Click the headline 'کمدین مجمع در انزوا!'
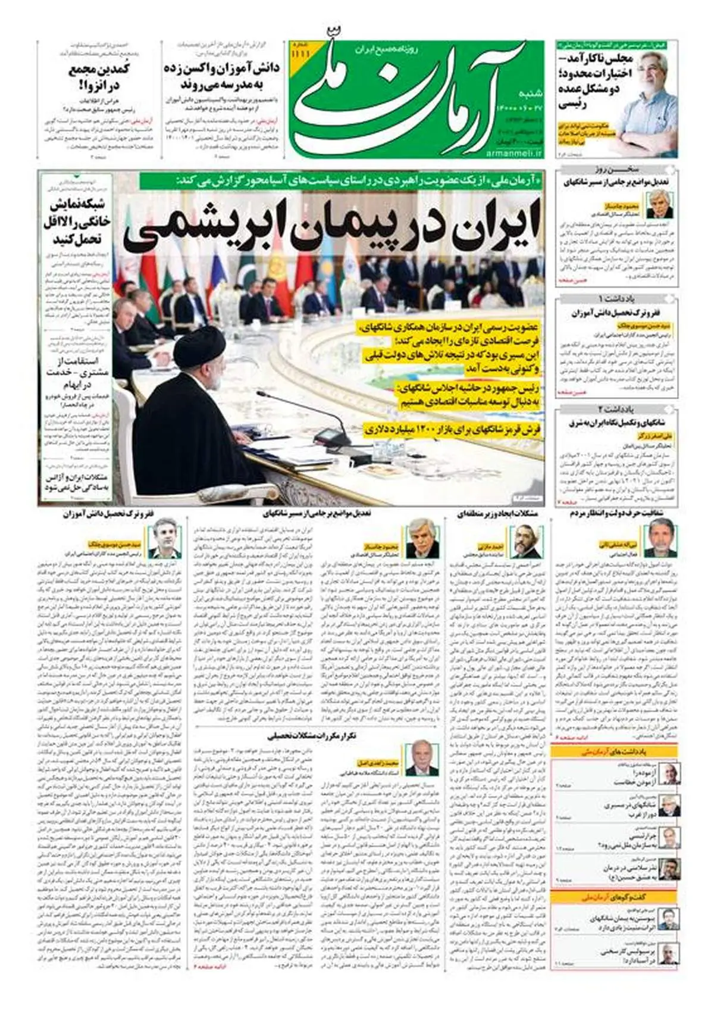click(x=99, y=77)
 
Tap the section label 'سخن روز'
click(x=617, y=169)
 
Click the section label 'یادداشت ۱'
click(x=617, y=298)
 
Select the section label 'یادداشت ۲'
click(x=617, y=410)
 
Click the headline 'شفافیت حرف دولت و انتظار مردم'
click(x=615, y=513)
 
